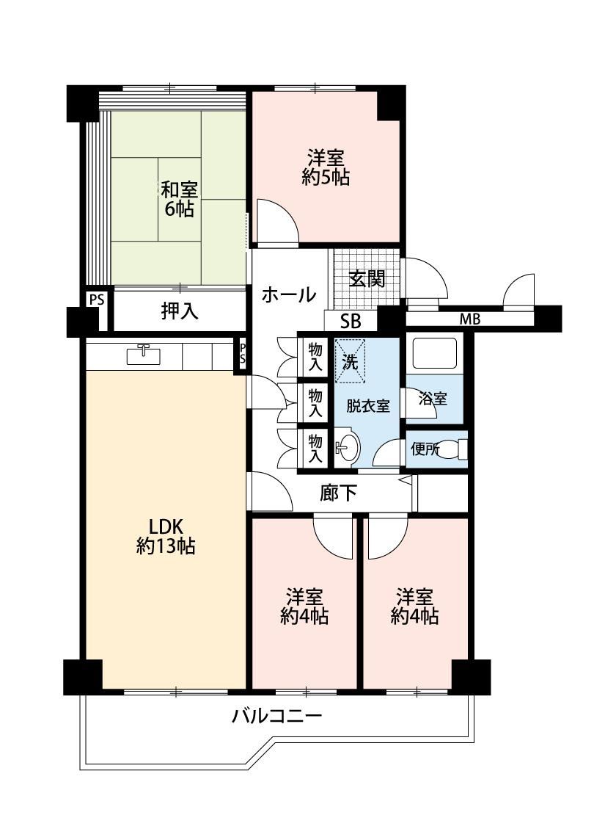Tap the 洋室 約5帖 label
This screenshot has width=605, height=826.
pos(326,167)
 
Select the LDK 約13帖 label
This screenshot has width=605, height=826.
pos(166,536)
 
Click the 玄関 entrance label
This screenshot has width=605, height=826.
pos(367,279)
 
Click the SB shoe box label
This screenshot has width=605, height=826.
pos(351,321)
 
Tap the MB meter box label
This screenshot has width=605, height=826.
pos(470,319)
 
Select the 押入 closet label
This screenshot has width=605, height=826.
pos(180,311)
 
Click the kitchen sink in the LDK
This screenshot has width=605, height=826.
pos(144,355)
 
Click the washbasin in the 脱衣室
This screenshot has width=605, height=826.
pos(347,449)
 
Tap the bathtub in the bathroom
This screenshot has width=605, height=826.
pos(434,353)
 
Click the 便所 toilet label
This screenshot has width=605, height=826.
pos(425,449)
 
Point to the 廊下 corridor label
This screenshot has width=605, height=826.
pos(338,493)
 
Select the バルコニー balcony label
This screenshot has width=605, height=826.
pos(277,716)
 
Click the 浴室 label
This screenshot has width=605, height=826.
pos(433,399)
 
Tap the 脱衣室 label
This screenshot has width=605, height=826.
pos(367,406)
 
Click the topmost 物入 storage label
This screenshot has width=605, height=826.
pos(315,356)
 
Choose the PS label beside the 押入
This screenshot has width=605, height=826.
pos(96,300)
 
